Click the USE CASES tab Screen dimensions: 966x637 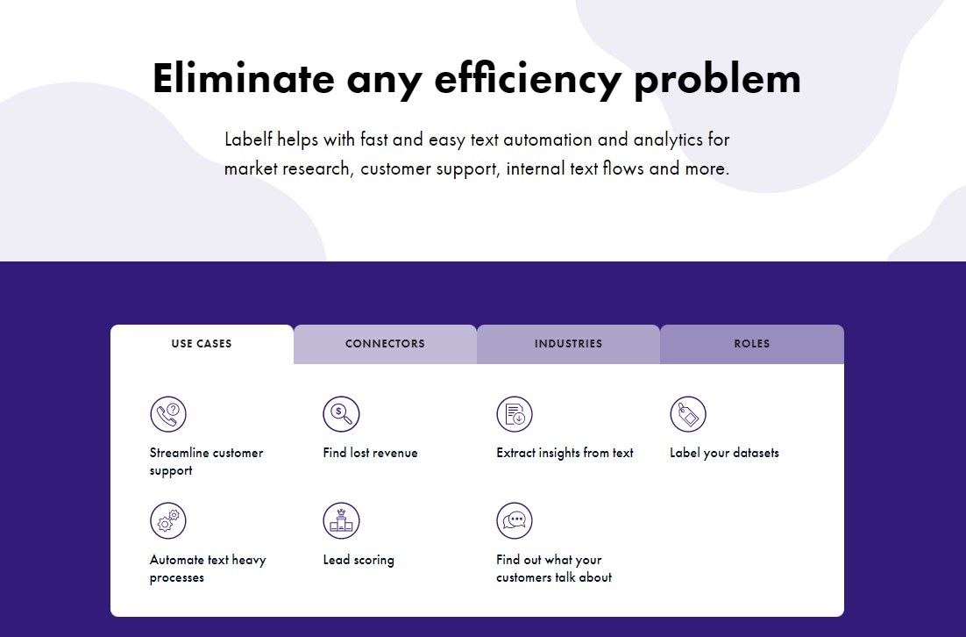(202, 343)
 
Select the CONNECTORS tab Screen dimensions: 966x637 (385, 343)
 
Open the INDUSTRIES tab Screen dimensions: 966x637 (568, 343)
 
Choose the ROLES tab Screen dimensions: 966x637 (751, 343)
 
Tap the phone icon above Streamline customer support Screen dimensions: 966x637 (168, 414)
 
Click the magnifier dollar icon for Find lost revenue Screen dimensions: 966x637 (341, 414)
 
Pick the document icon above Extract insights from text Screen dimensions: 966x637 (515, 414)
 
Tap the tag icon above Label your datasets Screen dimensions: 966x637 (688, 414)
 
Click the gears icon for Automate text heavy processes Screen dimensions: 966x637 (168, 520)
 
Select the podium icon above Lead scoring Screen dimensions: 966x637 (341, 520)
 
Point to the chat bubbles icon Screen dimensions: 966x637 (515, 520)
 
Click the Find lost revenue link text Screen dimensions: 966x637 (370, 453)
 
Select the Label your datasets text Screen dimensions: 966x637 (724, 454)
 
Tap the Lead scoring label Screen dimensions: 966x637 (359, 560)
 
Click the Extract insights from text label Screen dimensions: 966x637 (565, 454)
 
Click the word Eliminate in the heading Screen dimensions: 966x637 (244, 78)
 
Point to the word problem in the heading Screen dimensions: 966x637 (717, 80)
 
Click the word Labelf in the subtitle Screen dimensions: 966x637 (248, 140)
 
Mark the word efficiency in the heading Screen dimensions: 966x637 (528, 80)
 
